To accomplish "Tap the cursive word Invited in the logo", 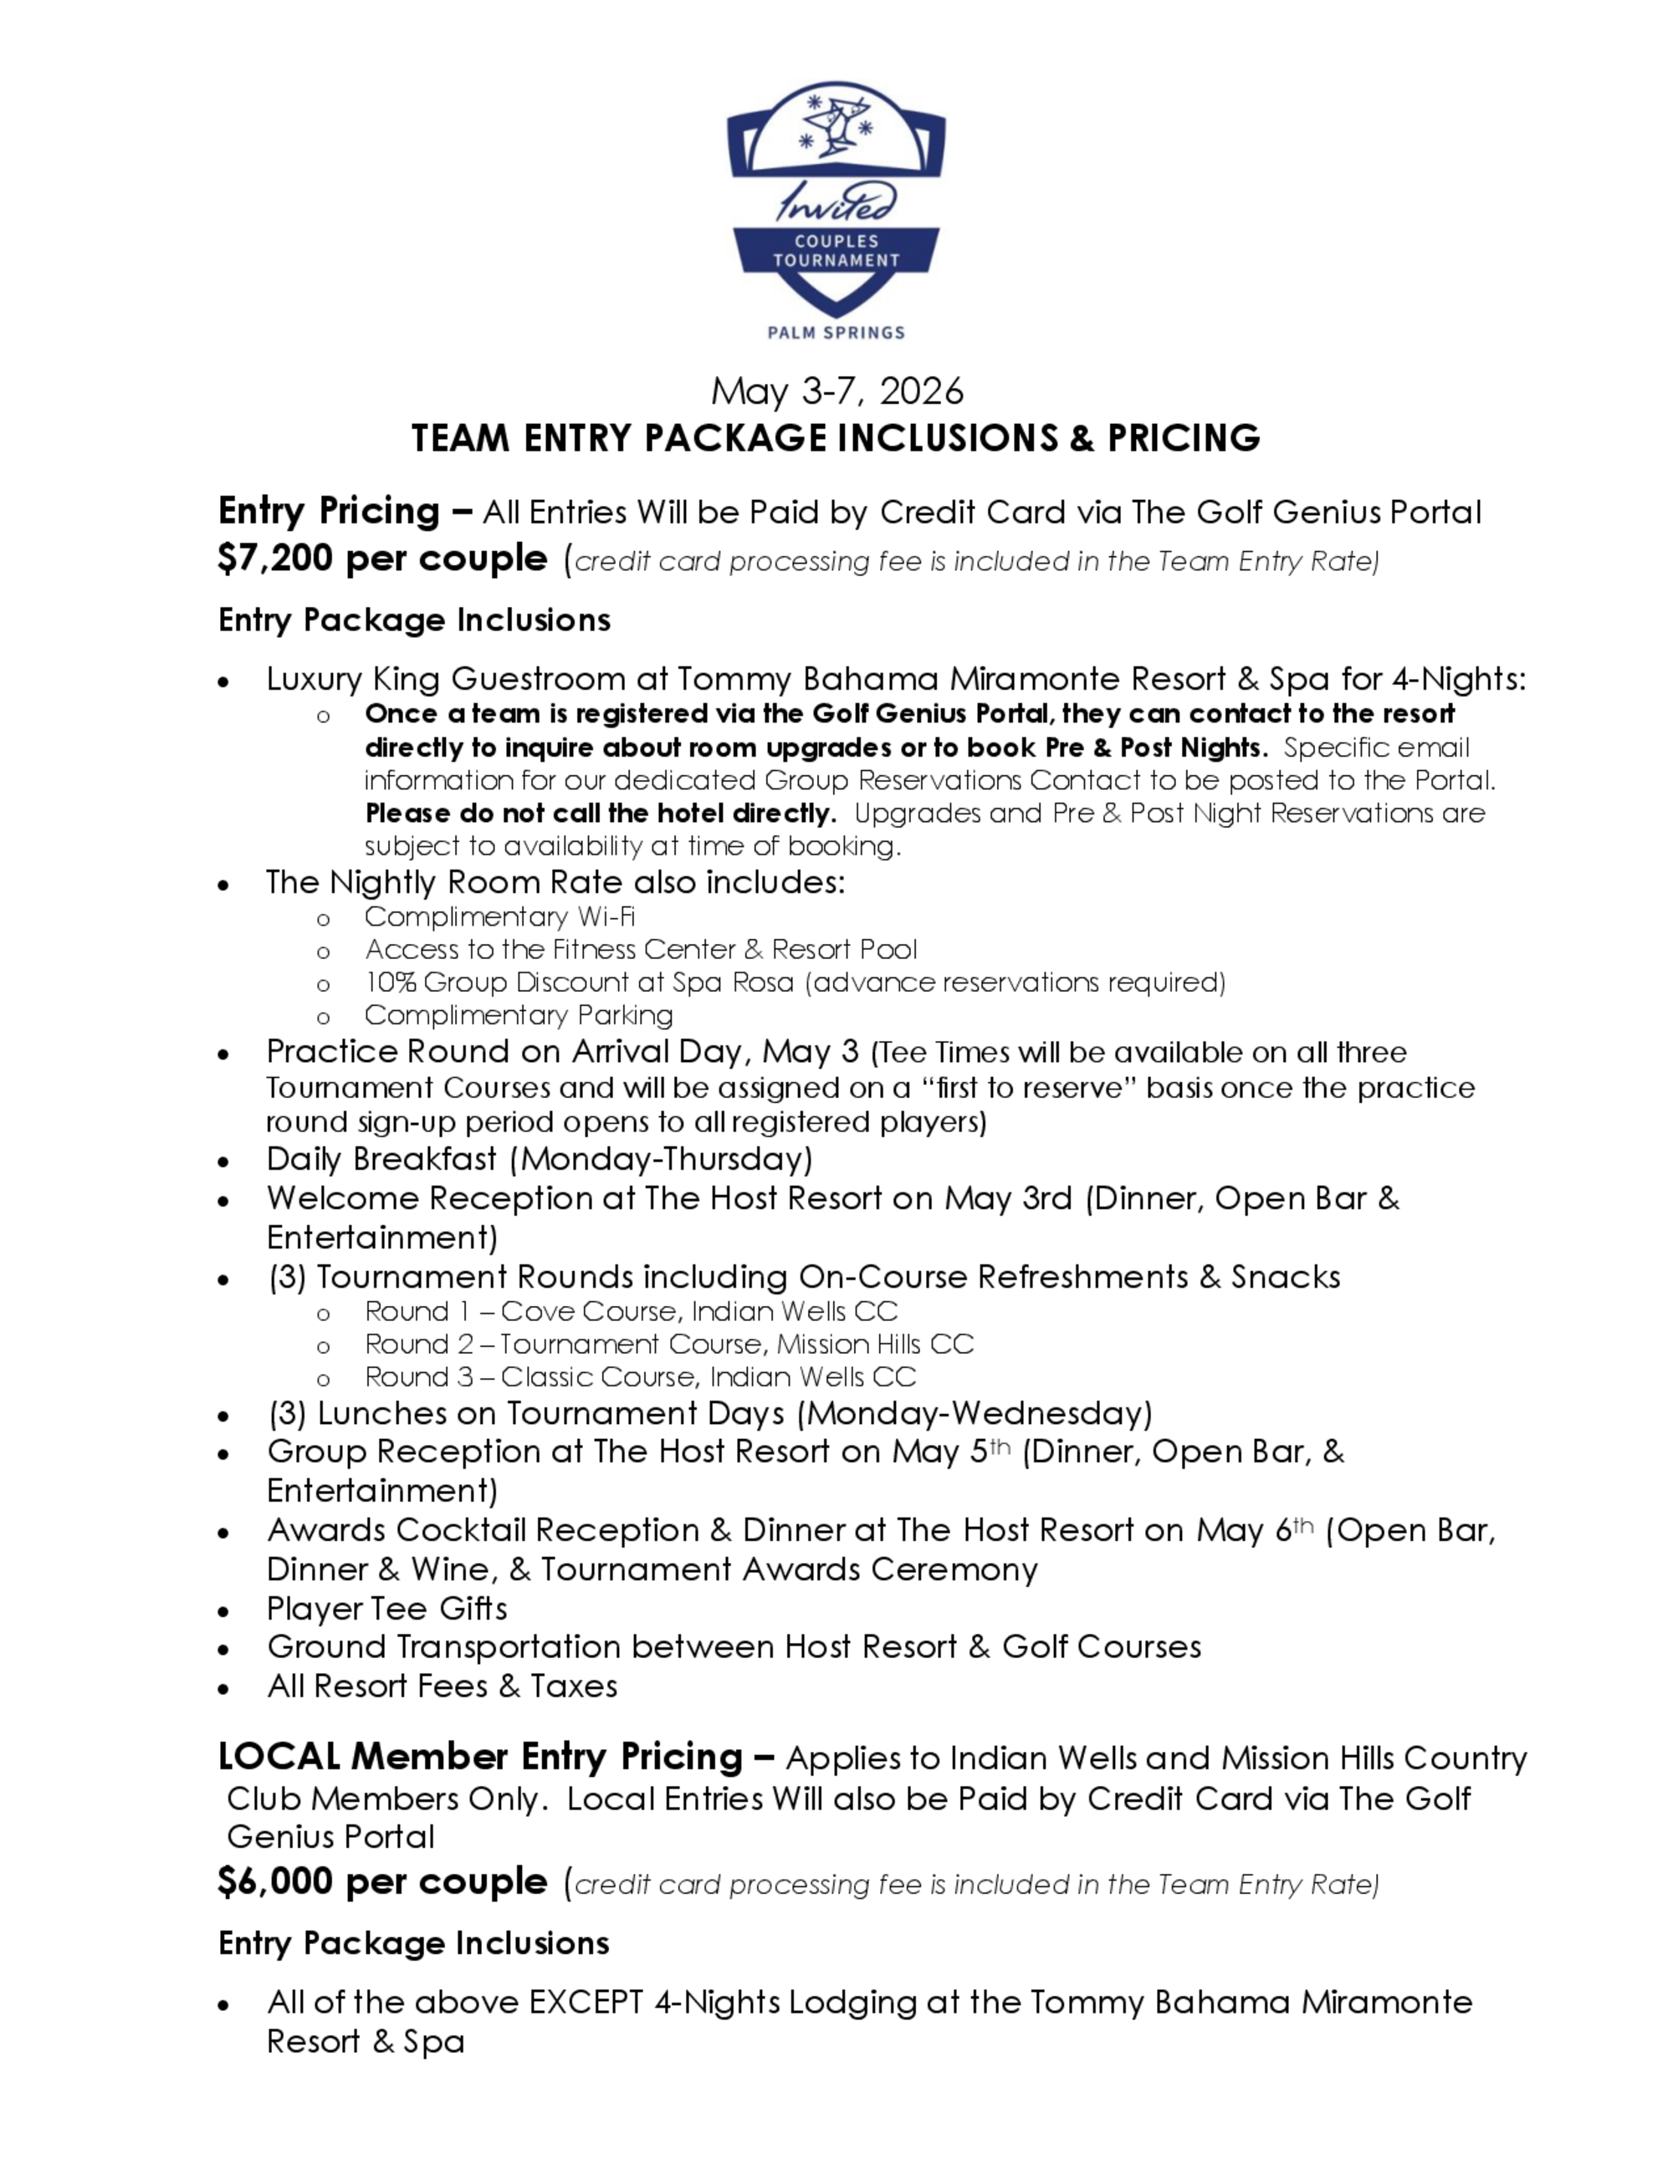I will [836, 202].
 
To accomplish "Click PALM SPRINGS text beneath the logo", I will [836, 333].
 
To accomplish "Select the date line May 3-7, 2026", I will [836, 391].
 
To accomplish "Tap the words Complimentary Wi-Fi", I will [499, 916].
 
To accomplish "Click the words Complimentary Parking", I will [519, 1014].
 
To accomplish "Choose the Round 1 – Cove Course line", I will [631, 1311].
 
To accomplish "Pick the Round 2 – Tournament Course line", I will [669, 1344].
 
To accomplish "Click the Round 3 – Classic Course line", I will [639, 1376].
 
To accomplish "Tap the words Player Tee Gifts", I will [386, 1608].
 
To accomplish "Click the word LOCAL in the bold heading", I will [279, 1757].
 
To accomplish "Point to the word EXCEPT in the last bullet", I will [586, 2003].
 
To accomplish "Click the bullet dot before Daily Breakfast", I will [225, 1161].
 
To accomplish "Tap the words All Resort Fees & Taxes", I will [442, 1686].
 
